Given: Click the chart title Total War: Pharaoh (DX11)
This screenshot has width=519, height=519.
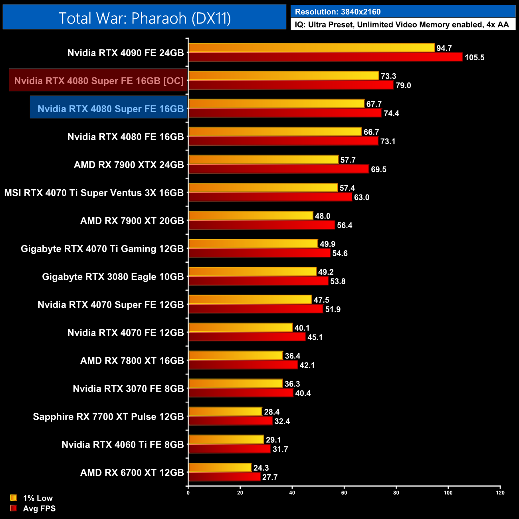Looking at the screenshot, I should point(145,18).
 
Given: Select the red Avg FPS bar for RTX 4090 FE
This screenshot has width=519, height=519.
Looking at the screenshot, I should point(325,57).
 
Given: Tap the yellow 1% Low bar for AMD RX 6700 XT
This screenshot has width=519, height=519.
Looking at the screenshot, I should point(220,467).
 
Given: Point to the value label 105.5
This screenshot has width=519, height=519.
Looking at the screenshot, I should point(474,57).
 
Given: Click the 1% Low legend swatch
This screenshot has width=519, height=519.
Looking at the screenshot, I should point(14,498).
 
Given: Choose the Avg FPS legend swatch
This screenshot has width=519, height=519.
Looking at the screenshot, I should point(14,508).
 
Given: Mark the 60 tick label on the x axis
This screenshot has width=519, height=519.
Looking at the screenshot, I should point(344,493).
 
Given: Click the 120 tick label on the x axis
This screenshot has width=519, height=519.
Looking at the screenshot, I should point(500,493).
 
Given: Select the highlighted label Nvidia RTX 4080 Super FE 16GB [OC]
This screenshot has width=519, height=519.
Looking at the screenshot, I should point(99,81).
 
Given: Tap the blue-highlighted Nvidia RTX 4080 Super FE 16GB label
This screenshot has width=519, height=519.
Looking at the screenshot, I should point(111,109).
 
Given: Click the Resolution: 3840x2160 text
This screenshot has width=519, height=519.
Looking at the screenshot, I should point(338,12).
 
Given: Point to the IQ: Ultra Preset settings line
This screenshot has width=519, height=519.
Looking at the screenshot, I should point(402,25).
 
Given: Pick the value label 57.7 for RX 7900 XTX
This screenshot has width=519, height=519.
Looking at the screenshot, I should point(348,160).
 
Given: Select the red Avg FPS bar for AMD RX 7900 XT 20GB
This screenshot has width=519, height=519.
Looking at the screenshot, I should point(261,225).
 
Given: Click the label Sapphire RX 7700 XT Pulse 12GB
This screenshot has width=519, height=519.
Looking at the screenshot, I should point(108,417).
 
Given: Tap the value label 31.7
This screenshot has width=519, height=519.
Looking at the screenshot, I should point(280,449).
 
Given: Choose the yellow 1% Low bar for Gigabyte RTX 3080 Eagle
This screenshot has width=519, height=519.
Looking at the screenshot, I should point(252,271).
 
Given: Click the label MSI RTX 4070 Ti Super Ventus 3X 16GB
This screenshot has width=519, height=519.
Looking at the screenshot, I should point(94,193).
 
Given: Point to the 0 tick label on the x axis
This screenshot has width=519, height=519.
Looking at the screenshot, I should point(188,493).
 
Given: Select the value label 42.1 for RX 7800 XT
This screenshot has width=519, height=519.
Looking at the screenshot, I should point(307,365).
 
